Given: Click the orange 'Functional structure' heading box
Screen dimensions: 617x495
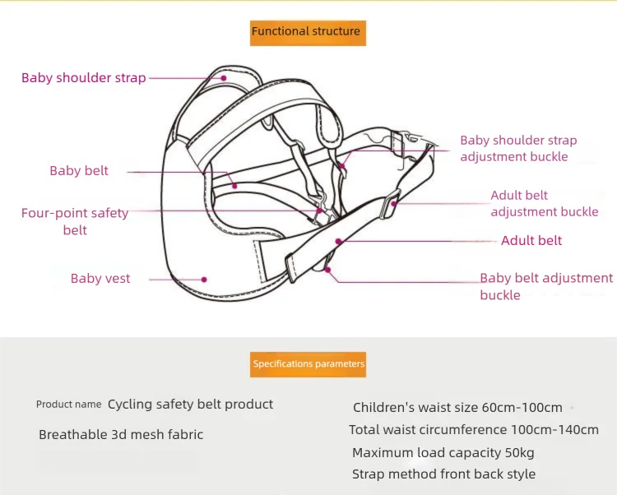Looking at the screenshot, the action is pos(306,31).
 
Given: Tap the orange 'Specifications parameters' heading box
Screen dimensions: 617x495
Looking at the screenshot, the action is pos(308,363).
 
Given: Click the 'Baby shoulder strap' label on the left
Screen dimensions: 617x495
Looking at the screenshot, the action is pos(83,78).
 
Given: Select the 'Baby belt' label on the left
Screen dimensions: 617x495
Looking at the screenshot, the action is pos(79,171).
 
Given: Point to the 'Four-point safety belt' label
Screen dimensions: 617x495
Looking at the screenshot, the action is pos(75,221).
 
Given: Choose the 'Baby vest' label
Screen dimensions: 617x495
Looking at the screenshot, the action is pos(100,279).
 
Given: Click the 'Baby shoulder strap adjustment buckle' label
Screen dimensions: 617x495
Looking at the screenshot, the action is pos(518,149).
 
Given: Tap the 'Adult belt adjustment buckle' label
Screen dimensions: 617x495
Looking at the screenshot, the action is pos(544,203).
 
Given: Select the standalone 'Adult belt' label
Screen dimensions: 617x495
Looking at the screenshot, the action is pos(531,241).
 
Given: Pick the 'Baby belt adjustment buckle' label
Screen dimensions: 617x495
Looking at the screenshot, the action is pos(546,286).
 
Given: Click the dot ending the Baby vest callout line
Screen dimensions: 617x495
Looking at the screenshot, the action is pos(205,279).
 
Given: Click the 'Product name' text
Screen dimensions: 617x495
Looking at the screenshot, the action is pos(69,405).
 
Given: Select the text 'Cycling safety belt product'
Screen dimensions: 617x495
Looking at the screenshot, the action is pos(190,405).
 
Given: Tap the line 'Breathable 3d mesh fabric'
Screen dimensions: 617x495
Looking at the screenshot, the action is pos(121,434).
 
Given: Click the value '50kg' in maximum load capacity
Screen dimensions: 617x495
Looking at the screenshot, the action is pos(517,452).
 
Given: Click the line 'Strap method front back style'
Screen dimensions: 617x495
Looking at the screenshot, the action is pos(443,474).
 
